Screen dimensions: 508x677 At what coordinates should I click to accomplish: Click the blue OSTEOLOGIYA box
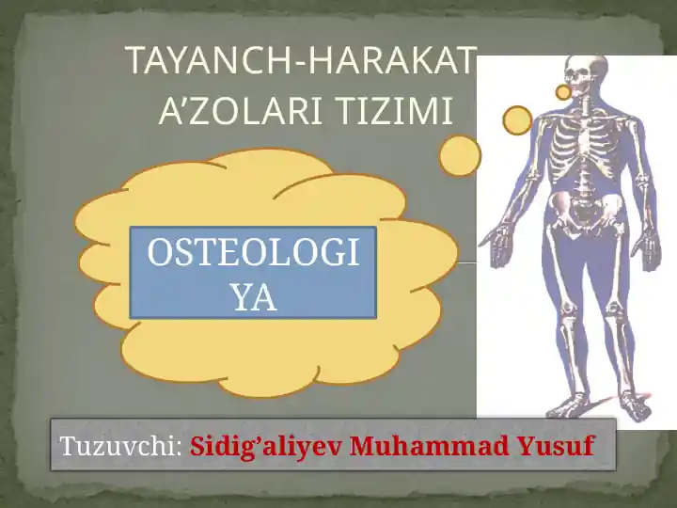pyautogui.click(x=253, y=273)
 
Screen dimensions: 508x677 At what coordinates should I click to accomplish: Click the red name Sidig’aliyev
pyautogui.click(x=266, y=446)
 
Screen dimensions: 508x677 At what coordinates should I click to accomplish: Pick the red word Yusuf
pyautogui.click(x=555, y=446)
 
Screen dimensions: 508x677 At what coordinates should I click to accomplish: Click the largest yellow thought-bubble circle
pyautogui.click(x=460, y=156)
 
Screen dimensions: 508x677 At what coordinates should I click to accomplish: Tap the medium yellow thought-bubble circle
pyautogui.click(x=517, y=119)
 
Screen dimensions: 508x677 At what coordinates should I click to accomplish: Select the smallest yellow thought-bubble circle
pyautogui.click(x=563, y=92)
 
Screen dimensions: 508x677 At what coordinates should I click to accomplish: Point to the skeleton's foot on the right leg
pyautogui.click(x=634, y=406)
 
